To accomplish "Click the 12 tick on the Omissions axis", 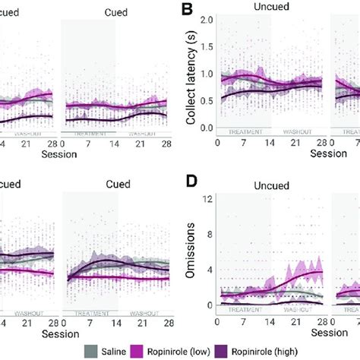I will [x=207, y=200].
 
